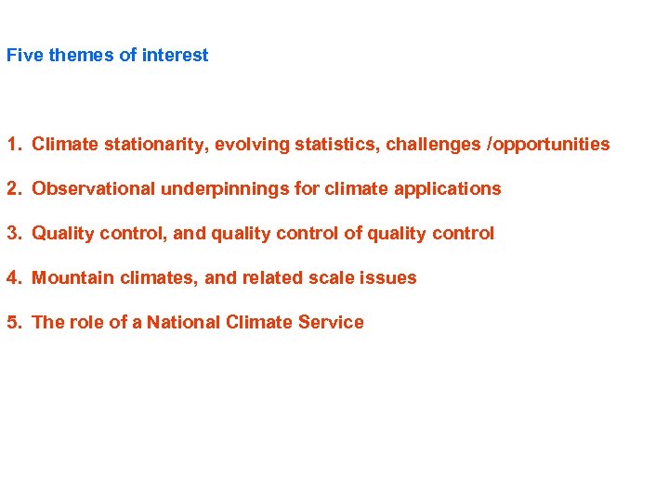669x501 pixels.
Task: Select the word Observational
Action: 94,188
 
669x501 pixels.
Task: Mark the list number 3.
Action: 13,233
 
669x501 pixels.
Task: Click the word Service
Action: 331,322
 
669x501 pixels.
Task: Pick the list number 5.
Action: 13,322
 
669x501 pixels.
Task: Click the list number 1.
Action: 13,144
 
